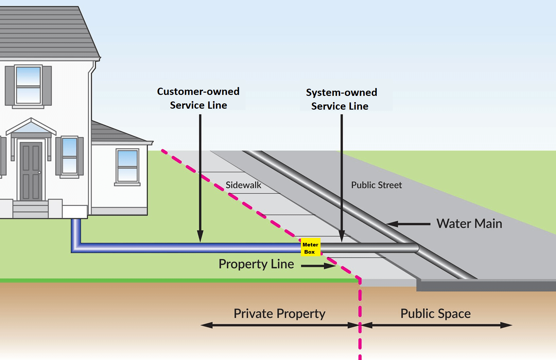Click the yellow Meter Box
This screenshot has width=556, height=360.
(x=310, y=247)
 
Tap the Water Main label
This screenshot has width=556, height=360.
(x=469, y=223)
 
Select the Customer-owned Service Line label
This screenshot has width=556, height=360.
(x=198, y=99)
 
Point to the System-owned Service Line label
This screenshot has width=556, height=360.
(x=341, y=99)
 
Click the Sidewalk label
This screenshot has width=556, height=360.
(x=243, y=185)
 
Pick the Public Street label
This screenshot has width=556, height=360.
(x=376, y=185)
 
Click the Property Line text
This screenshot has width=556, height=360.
(x=256, y=264)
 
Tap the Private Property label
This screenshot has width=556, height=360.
(x=280, y=314)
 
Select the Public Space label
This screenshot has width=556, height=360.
(x=436, y=314)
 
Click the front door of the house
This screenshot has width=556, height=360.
(x=31, y=171)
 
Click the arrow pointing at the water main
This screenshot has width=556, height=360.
(x=408, y=224)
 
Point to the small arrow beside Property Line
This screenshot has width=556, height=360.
(x=319, y=266)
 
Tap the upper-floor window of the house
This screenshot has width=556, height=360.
(x=28, y=85)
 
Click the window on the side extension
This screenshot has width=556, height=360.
(x=127, y=166)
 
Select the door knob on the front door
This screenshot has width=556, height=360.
(x=39, y=172)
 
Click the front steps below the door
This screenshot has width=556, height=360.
(x=30, y=209)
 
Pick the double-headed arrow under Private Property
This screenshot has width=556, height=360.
(x=280, y=325)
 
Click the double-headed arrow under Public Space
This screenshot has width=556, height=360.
(x=436, y=325)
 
